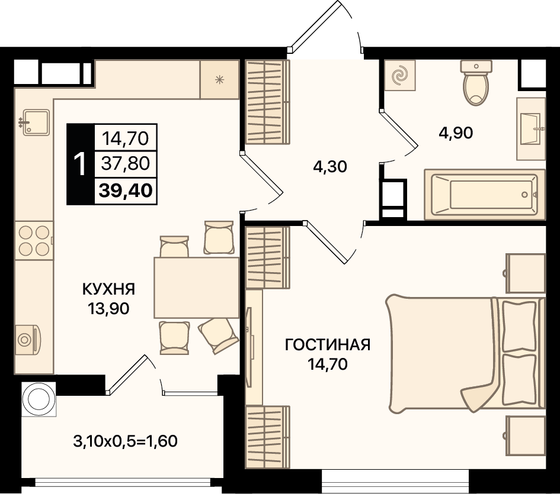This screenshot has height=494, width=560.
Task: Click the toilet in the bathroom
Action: click(x=476, y=83)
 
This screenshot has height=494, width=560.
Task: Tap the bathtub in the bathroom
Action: click(x=485, y=195)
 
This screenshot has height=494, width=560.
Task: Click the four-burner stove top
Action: click(x=34, y=240)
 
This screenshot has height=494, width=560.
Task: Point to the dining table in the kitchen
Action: click(x=196, y=288)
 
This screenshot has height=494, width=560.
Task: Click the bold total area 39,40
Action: click(x=126, y=191)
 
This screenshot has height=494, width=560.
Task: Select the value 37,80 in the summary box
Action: click(x=126, y=164)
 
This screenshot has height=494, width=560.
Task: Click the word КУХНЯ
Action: click(x=108, y=289)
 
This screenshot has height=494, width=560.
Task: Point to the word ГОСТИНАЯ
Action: click(x=328, y=344)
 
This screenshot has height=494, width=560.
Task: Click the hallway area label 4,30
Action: click(x=330, y=167)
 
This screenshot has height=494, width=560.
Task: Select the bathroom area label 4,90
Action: click(x=456, y=133)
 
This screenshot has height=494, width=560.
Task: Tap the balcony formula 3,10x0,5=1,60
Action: click(x=126, y=441)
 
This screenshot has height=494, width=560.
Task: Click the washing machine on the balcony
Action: click(x=39, y=399)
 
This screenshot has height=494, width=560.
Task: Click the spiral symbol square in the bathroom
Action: click(x=400, y=75)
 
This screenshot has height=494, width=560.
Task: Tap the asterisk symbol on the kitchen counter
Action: click(x=219, y=80)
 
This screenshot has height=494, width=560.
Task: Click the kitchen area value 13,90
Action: click(x=108, y=308)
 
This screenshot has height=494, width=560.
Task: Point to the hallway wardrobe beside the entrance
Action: click(x=267, y=102)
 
